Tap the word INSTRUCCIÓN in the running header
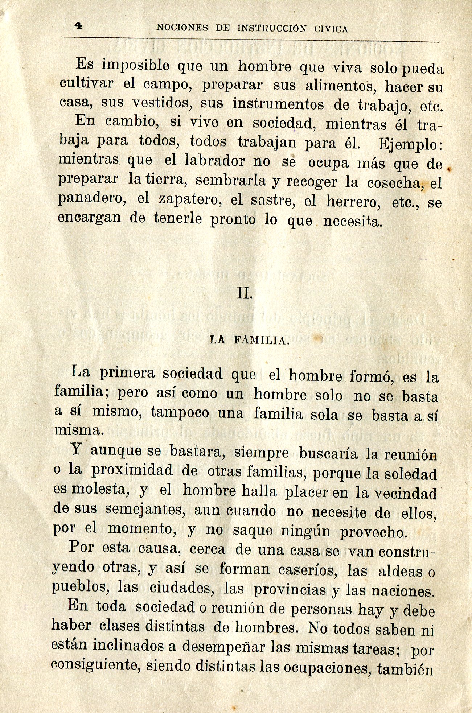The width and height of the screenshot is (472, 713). tap(272, 29)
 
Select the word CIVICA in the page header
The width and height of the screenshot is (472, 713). tap(331, 29)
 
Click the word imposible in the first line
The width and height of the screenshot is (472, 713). tap(135, 66)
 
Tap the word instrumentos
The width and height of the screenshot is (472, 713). tap(278, 104)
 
